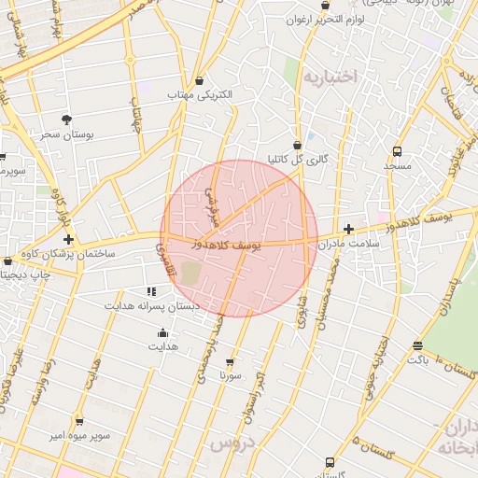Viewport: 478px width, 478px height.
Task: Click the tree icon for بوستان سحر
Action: (x=66, y=119)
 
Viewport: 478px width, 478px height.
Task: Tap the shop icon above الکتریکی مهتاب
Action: (x=199, y=80)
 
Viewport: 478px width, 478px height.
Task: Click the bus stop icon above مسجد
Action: (x=397, y=150)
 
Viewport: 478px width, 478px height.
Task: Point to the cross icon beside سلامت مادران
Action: (x=348, y=229)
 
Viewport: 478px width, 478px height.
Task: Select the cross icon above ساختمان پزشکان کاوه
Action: (x=67, y=240)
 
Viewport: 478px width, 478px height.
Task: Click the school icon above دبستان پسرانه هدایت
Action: (x=151, y=291)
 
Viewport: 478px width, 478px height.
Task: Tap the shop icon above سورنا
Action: (x=230, y=361)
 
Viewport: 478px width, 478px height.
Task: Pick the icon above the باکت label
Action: (x=417, y=346)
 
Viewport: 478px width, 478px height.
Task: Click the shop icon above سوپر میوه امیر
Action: (x=78, y=421)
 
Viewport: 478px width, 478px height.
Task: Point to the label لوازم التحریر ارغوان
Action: (x=323, y=20)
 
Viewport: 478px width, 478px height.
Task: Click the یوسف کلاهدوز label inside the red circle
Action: (x=230, y=244)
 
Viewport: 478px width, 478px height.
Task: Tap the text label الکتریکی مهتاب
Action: (x=199, y=95)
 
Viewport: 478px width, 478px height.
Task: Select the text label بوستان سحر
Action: (x=63, y=134)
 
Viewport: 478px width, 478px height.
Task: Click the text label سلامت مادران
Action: (x=351, y=244)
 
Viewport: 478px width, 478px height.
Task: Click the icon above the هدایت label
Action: (x=162, y=332)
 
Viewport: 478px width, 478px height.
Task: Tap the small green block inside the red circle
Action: (x=190, y=274)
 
